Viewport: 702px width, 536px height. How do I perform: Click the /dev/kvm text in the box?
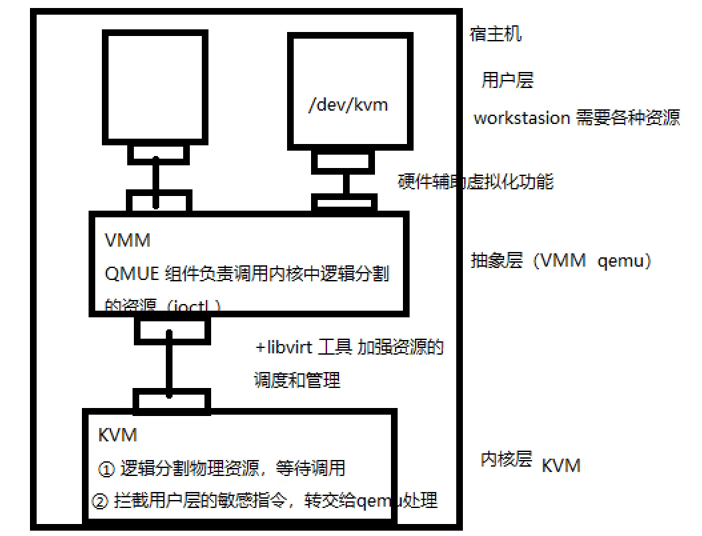point(348,105)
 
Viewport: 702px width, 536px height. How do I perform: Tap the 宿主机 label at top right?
point(496,34)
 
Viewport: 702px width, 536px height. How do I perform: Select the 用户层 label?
point(508,81)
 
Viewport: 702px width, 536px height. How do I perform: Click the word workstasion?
point(522,118)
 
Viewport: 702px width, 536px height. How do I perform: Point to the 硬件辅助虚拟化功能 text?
point(476,181)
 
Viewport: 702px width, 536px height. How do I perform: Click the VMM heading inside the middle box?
point(128,240)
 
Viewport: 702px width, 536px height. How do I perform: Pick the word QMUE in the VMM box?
point(131,273)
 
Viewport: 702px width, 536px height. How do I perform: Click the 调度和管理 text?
point(297,380)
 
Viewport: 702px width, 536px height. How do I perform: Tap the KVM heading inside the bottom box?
point(117,435)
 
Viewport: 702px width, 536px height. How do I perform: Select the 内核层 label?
point(506,459)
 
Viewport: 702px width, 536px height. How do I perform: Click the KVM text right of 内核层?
point(561,465)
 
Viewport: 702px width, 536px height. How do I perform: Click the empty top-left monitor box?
point(153,87)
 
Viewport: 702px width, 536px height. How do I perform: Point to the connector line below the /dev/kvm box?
point(346,183)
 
